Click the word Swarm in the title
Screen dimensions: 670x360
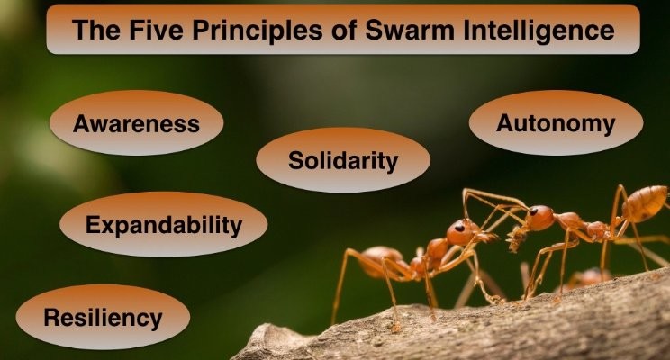coord(411,30)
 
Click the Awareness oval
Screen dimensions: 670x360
coord(136,123)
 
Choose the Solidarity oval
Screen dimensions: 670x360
coord(343,160)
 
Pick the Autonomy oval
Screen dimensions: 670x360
coord(556,123)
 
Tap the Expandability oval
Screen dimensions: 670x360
coord(164,224)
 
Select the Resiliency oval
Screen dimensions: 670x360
coord(103,317)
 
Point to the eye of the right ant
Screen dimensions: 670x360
coord(534,211)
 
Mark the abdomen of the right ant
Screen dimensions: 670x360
coord(644,203)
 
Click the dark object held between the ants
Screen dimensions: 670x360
coord(516,239)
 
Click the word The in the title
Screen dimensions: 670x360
coord(96,30)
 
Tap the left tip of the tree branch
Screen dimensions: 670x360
coord(234,358)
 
